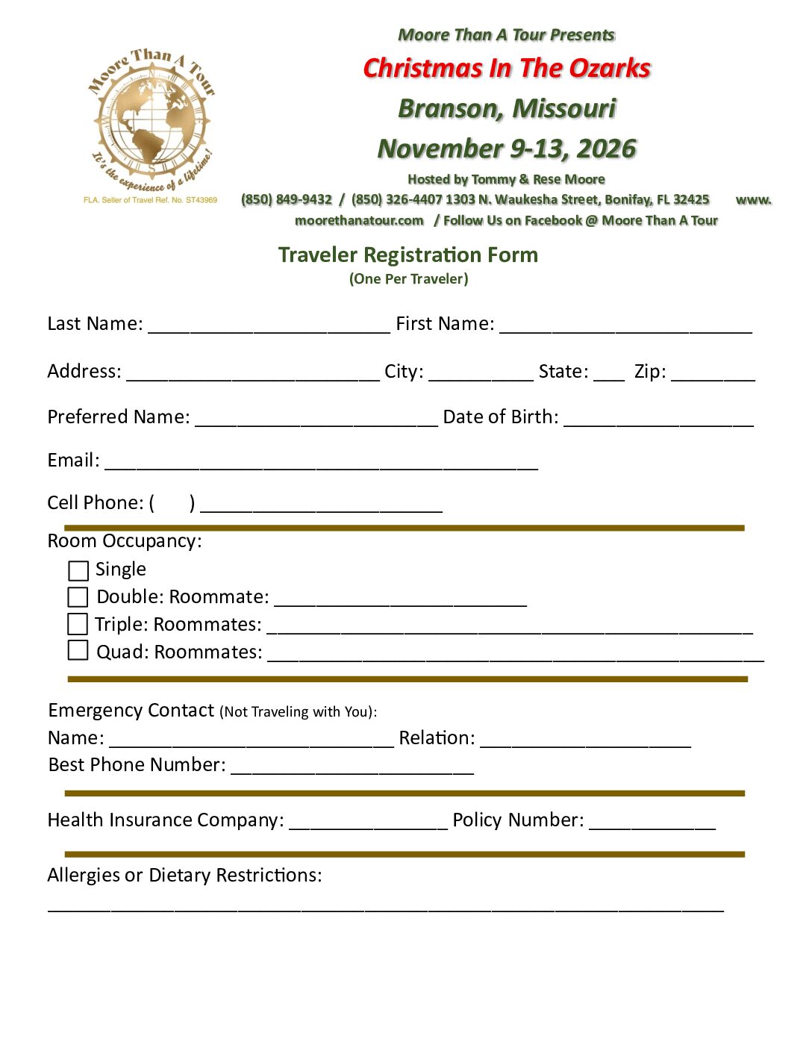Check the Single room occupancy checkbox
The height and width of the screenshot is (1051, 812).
click(x=78, y=571)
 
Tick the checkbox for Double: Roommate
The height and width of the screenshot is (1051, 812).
click(x=78, y=597)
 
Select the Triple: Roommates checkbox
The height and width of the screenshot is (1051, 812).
click(x=78, y=623)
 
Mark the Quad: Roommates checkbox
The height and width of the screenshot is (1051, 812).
click(x=78, y=650)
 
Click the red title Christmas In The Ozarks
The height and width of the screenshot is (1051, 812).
click(x=507, y=68)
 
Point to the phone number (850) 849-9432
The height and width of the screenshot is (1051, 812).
click(x=287, y=199)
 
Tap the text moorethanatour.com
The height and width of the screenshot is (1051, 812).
click(x=359, y=220)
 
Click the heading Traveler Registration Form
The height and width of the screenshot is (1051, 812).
click(x=407, y=255)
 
